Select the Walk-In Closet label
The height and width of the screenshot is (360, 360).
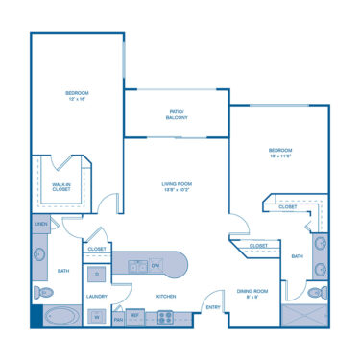(x=60, y=186)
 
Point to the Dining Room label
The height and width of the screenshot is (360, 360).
(x=253, y=292)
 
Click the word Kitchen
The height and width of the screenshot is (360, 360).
(x=165, y=297)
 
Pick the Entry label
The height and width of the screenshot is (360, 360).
(x=213, y=307)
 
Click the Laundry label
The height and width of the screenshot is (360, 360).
(x=96, y=297)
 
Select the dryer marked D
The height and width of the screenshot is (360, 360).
(x=96, y=276)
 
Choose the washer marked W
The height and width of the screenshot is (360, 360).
(x=96, y=316)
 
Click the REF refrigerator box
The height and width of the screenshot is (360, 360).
(x=135, y=315)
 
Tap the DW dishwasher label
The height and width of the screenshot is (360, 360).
(x=156, y=264)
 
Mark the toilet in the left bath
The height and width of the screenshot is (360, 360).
(x=40, y=292)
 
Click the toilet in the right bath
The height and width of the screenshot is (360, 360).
(x=315, y=292)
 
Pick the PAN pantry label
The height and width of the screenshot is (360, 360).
(x=118, y=317)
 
